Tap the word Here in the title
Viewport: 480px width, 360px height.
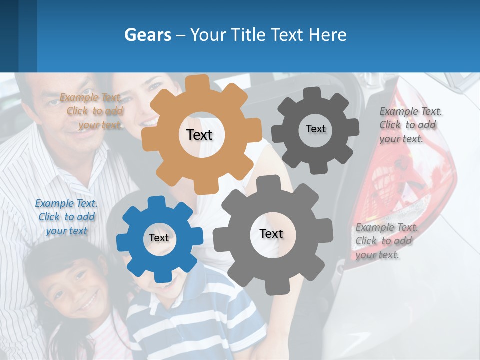click(x=328, y=35)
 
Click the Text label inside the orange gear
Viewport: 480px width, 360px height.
click(x=200, y=135)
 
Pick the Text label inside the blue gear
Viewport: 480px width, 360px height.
click(x=159, y=238)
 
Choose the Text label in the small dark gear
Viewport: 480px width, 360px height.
click(x=316, y=129)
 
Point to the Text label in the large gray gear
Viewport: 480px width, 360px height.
click(x=271, y=233)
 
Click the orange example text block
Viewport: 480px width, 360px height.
click(x=93, y=111)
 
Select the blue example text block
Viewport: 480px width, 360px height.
click(x=66, y=217)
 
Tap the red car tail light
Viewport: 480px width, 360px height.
click(x=410, y=170)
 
